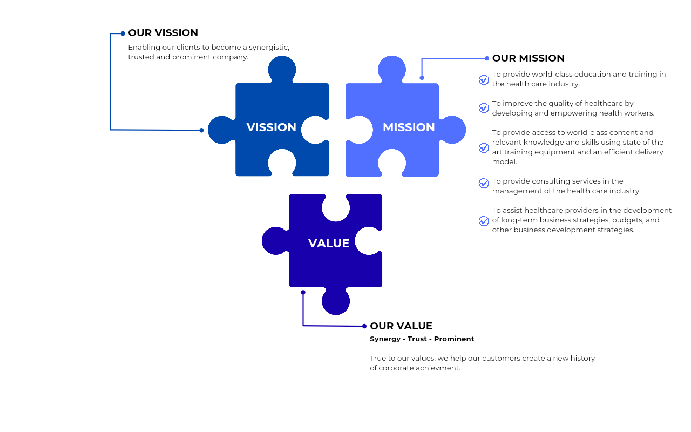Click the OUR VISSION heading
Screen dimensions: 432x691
click(x=163, y=33)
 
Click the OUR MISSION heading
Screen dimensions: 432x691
click(x=528, y=58)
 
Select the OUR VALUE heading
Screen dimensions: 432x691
click(x=401, y=326)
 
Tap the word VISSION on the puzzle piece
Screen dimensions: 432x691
click(x=271, y=127)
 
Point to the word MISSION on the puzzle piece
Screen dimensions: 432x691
click(x=409, y=127)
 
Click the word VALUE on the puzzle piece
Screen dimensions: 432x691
click(x=329, y=244)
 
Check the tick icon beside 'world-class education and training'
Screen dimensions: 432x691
click(x=484, y=80)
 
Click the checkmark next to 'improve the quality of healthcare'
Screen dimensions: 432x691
click(x=484, y=108)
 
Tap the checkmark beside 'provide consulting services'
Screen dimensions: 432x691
click(x=484, y=184)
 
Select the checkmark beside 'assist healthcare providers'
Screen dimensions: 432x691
click(x=484, y=221)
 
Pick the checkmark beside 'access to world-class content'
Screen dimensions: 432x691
click(x=484, y=147)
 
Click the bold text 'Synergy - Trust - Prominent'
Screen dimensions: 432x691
click(x=422, y=339)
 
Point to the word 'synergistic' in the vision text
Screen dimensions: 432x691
click(x=269, y=47)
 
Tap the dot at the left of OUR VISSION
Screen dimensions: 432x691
click(x=123, y=33)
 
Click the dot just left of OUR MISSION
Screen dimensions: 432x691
click(x=487, y=58)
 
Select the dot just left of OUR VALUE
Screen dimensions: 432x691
click(x=364, y=326)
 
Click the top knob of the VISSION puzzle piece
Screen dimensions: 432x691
click(x=282, y=69)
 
